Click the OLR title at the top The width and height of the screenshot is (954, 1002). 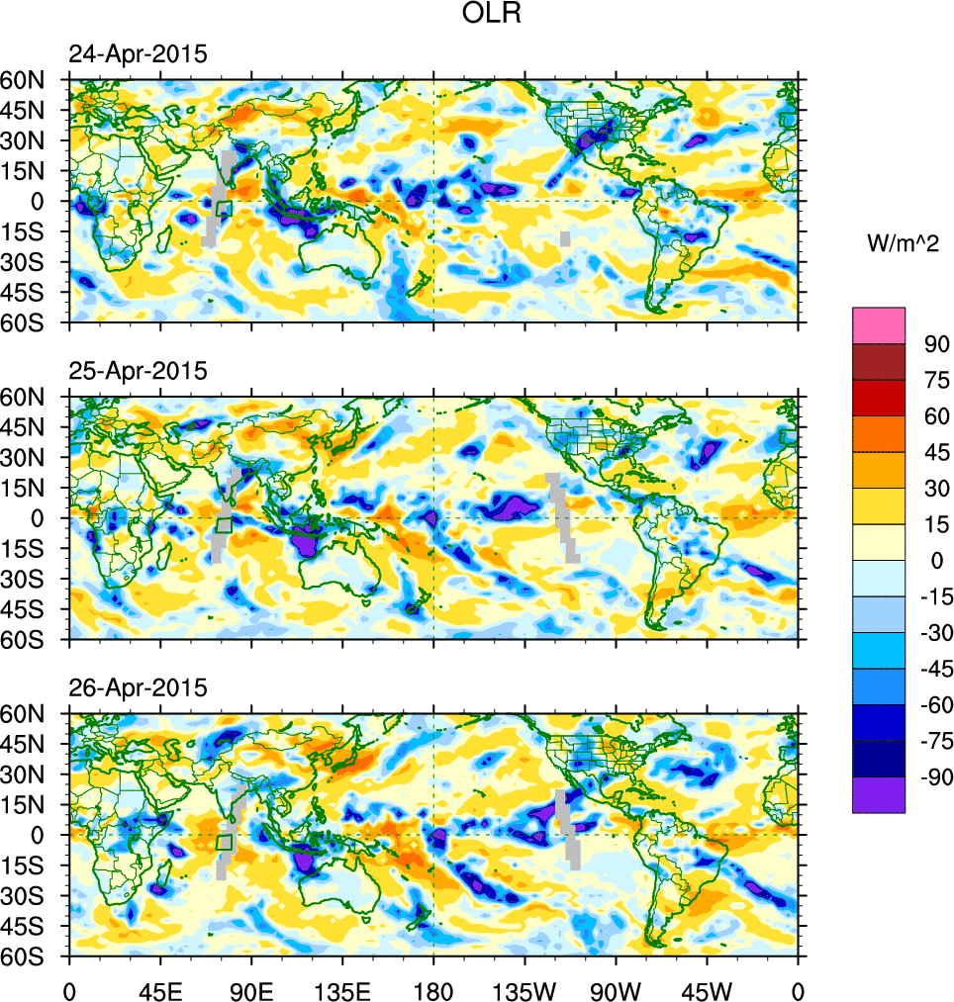pos(492,14)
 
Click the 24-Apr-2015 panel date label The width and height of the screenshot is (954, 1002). pos(138,54)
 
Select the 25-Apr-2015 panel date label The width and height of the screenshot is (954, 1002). pos(138,371)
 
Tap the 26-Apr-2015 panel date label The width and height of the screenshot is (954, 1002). pos(138,687)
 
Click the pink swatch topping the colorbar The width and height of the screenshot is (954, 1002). pos(879,324)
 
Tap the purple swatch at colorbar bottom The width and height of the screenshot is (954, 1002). pos(879,794)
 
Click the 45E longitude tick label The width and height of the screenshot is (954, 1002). pos(159,989)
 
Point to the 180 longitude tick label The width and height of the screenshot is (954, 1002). pos(433,989)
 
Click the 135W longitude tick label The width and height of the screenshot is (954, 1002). pos(525,989)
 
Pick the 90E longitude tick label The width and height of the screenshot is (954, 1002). pos(251,989)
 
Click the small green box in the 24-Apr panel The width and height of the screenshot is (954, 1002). pos(224,209)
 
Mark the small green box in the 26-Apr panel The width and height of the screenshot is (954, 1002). pos(224,843)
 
